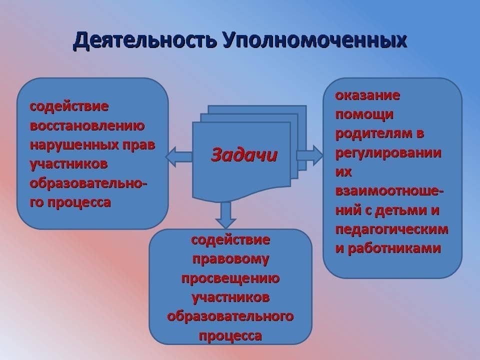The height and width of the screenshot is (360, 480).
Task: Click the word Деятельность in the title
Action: coord(144,40)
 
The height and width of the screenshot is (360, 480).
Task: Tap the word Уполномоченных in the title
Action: coord(315,40)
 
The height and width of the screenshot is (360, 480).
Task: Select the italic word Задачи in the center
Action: coord(244,154)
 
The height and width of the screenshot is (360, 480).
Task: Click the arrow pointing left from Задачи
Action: coord(179,156)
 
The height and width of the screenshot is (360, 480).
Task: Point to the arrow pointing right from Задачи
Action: coord(309,155)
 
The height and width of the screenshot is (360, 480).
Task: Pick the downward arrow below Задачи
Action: coord(225,215)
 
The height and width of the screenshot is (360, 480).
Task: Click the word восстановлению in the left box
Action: coord(87,126)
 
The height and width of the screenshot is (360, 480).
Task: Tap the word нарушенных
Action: coord(74,145)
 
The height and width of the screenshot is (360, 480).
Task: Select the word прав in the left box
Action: coord(139,145)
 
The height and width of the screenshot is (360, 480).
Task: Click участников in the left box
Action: coord(69,164)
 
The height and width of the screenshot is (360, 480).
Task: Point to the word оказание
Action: coord(367,95)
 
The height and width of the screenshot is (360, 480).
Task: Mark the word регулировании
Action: coord(388,153)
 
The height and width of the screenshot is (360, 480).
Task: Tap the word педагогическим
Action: coord(392,229)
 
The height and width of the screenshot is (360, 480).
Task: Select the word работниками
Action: coord(394,248)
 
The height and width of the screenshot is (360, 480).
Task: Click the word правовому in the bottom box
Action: coord(230,259)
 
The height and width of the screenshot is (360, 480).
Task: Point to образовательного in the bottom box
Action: coord(230,316)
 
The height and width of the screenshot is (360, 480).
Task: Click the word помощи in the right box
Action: coord(364,115)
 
